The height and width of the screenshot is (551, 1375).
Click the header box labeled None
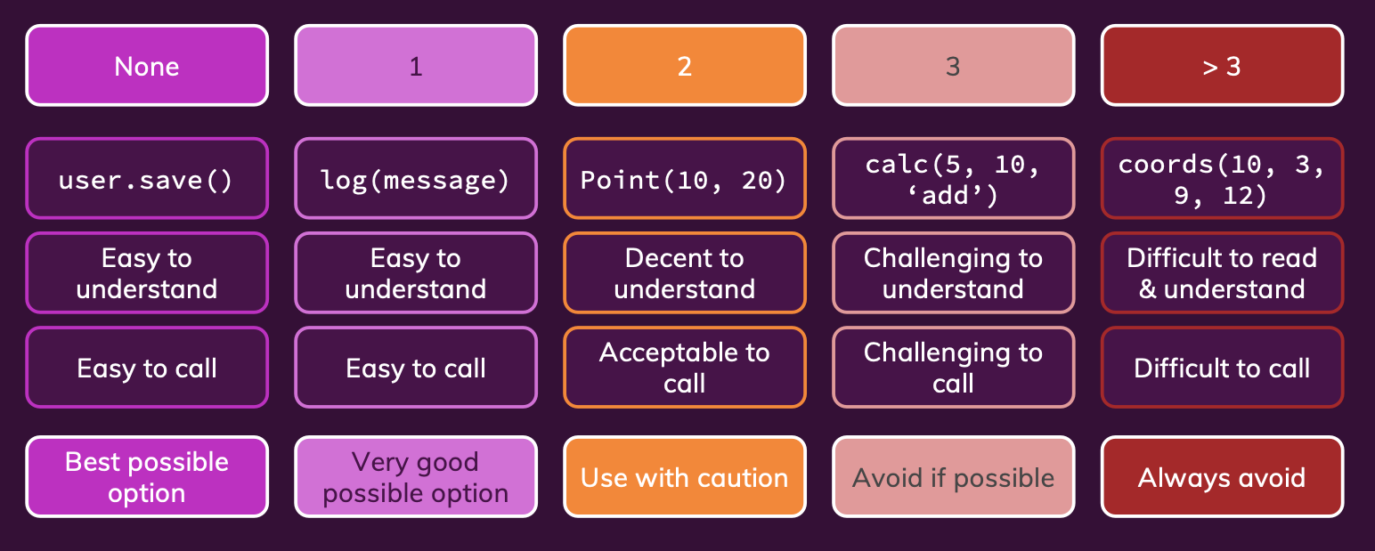coord(147,66)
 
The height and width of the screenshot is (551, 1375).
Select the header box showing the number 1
coord(416,66)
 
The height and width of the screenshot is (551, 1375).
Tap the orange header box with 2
coord(685,66)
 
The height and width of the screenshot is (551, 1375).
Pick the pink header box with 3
coord(953,66)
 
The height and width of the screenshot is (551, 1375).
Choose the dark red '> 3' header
coord(1222,66)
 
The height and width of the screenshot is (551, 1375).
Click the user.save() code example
coord(147,179)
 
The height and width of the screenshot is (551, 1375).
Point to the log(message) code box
coord(416,179)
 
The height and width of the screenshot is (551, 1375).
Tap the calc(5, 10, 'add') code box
coord(953,179)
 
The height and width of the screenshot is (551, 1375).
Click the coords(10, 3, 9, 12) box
coord(1222,179)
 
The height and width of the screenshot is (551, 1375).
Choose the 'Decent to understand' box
coord(685,273)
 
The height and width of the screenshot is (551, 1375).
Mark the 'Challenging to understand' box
coord(953,273)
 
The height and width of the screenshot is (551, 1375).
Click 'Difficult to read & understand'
coord(1222,273)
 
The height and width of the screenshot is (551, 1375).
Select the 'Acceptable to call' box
coord(685,368)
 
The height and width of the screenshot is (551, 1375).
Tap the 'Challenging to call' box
coord(953,368)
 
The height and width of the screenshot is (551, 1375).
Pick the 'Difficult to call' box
coord(1222,368)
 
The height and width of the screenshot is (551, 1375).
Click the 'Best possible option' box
coord(147,477)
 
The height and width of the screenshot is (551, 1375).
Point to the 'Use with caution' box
coord(685,477)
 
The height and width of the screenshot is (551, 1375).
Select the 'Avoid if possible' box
coord(953,477)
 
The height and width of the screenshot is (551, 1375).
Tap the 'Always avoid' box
coord(1222,477)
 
